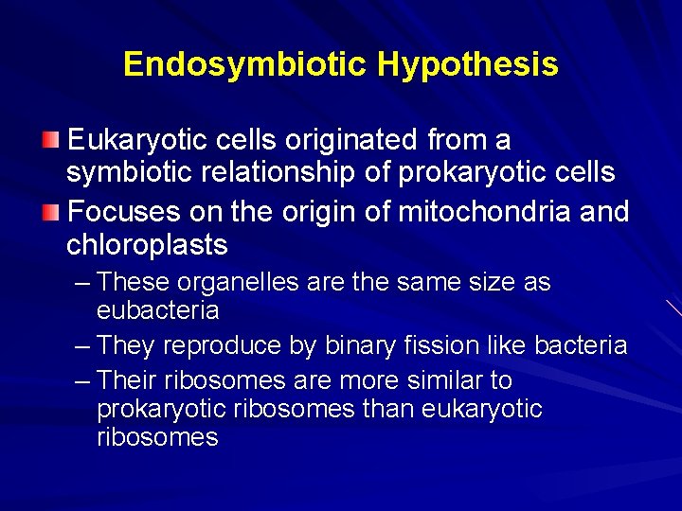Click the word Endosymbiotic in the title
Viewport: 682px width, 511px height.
click(245, 64)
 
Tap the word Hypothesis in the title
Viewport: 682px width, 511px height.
click(467, 64)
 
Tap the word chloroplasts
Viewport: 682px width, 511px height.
click(147, 244)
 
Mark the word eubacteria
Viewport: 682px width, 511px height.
click(157, 310)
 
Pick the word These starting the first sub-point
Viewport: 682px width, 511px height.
click(132, 283)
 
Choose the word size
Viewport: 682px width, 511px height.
click(494, 283)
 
